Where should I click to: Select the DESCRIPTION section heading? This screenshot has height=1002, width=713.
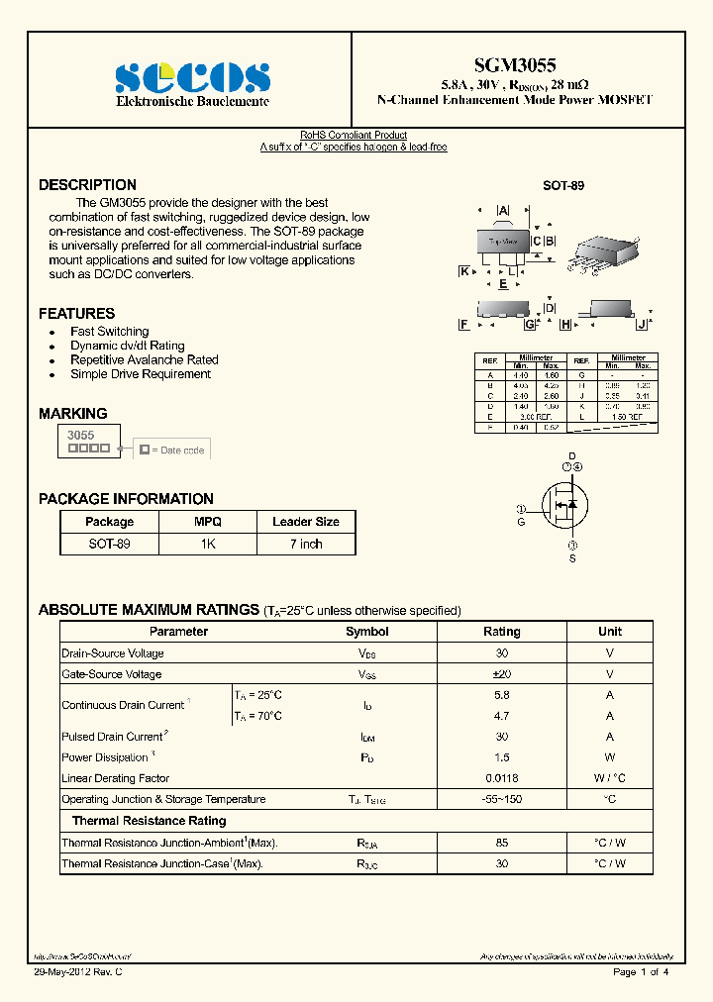pos(87,185)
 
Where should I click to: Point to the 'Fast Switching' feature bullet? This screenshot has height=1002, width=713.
pos(109,332)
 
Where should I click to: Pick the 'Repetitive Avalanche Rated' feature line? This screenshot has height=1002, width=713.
pos(144,360)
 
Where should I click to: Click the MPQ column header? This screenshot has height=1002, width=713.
pos(208,522)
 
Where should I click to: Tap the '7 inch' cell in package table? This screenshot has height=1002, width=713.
pos(306,544)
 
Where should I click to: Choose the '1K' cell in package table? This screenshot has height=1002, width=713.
pos(208,544)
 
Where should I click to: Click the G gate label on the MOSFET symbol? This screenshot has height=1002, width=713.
pos(521,522)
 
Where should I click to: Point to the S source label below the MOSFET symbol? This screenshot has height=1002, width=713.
pos(571,559)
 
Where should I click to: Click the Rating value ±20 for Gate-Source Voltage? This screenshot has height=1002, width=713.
pos(501,674)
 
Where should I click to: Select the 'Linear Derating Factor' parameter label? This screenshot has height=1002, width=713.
pos(115,779)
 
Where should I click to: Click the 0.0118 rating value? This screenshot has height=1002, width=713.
pos(501,779)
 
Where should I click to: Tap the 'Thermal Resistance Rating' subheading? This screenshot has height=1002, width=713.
pos(149,821)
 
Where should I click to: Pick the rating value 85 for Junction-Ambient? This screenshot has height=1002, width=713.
pos(501,843)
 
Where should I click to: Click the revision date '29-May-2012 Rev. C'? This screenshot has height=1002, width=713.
pos(78,972)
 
